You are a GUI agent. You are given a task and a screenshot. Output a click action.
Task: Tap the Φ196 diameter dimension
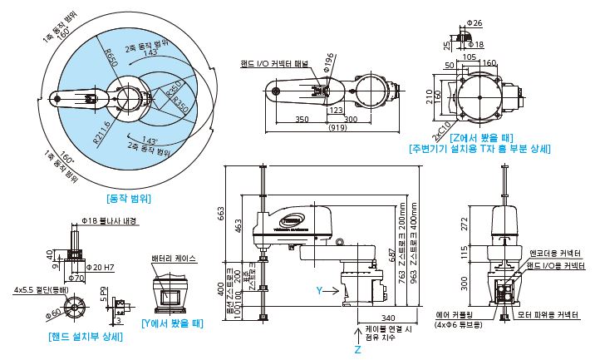point(329,64)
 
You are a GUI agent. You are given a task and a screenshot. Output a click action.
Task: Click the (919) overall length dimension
point(338,127)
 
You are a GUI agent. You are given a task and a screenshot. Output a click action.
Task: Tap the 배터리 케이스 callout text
point(173,259)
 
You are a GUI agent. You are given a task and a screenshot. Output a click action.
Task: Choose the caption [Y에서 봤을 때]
point(173,323)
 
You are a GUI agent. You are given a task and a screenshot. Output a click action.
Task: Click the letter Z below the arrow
point(358,352)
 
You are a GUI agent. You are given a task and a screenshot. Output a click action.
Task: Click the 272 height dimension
point(465,223)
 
